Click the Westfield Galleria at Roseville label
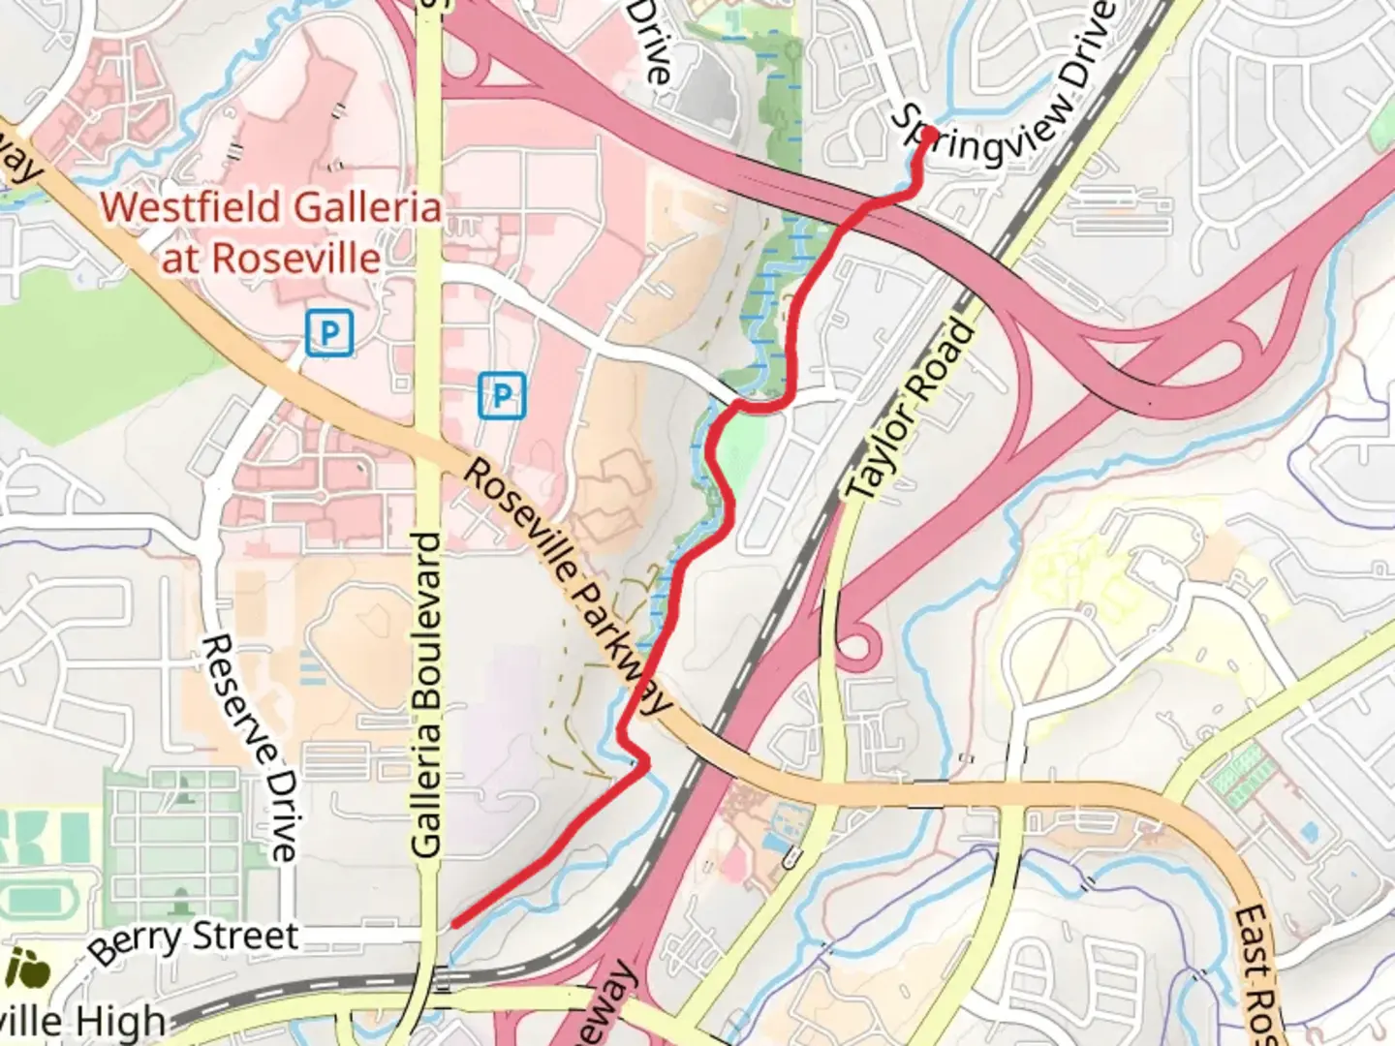click(271, 232)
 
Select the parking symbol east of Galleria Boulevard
click(502, 395)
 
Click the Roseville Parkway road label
click(567, 586)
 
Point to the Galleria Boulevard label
click(426, 694)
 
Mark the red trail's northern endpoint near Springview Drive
click(929, 133)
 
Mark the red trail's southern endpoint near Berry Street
click(454, 924)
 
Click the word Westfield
click(194, 207)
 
